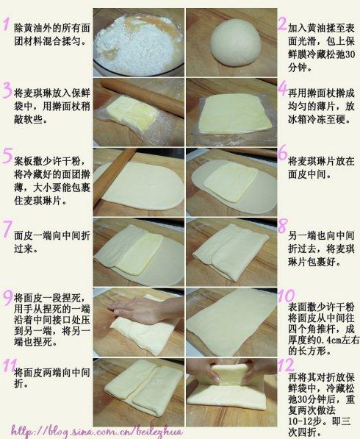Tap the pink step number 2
(x=281, y=24)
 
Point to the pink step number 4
(x=281, y=88)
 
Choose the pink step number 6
(x=281, y=152)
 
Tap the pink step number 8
(x=281, y=226)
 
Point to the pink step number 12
(x=285, y=364)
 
